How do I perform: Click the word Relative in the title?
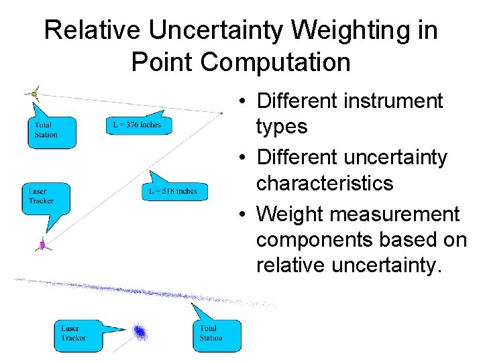[x=92, y=31]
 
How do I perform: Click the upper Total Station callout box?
[x=52, y=131]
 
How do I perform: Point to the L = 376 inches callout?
[x=138, y=125]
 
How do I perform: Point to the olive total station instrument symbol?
[x=34, y=94]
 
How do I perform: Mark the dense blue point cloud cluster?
[x=140, y=332]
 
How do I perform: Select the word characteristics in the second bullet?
[x=325, y=183]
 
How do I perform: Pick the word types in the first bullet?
[x=282, y=127]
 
